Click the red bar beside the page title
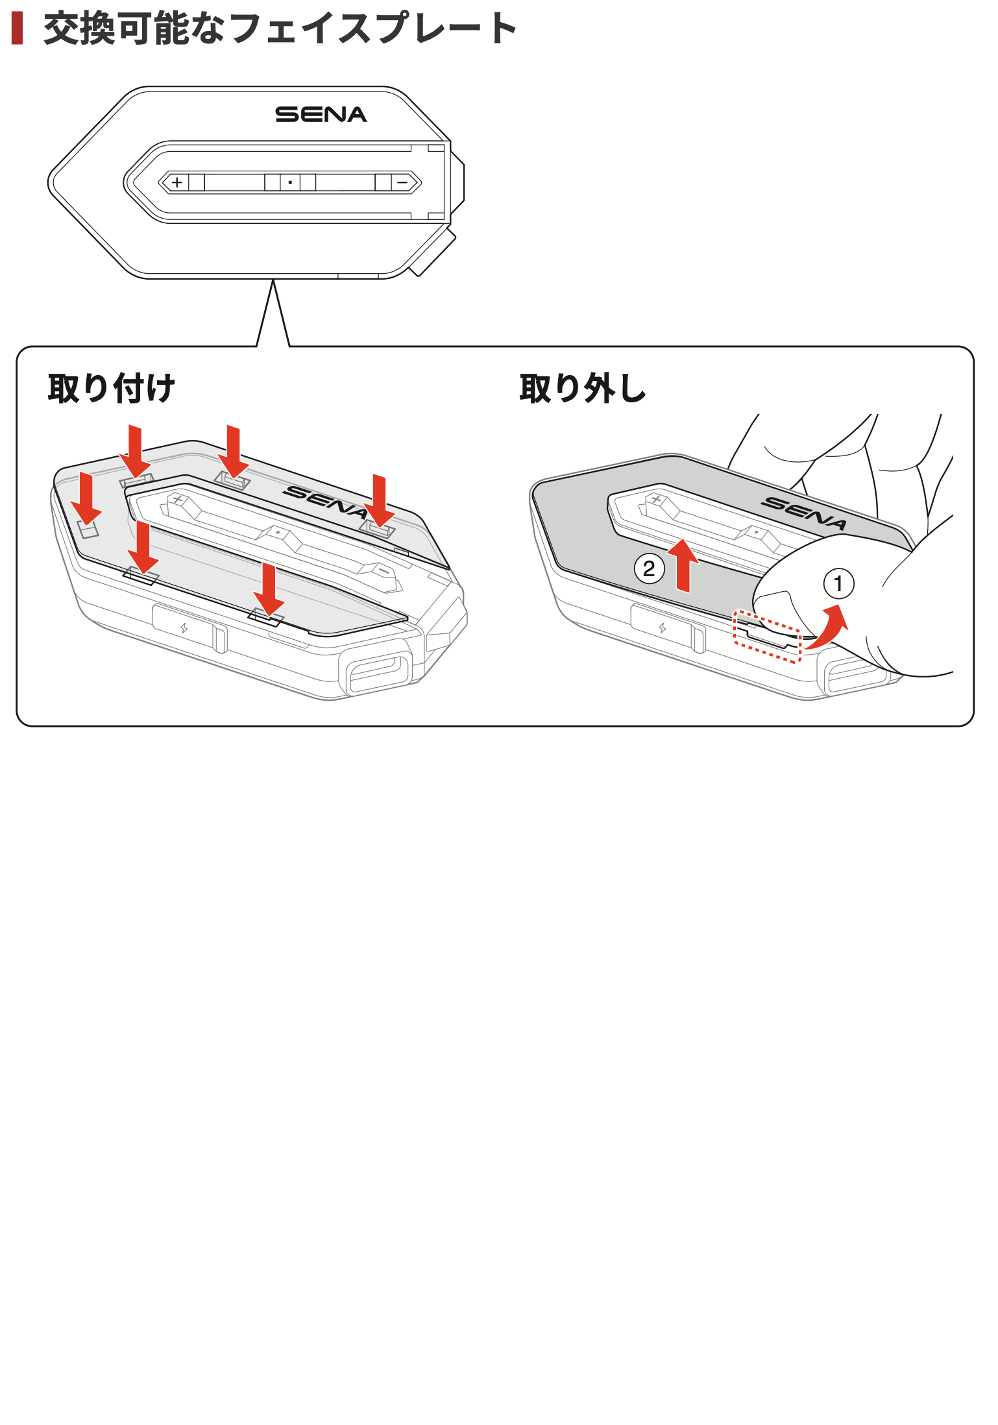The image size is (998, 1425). click(18, 29)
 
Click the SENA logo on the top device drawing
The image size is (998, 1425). click(321, 115)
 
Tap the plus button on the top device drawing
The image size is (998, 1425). click(176, 182)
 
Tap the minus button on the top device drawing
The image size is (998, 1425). click(402, 182)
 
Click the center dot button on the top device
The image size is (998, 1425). click(290, 182)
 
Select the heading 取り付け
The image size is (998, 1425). click(111, 389)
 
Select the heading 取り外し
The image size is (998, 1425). click(582, 389)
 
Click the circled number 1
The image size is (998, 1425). click(838, 583)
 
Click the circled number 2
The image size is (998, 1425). click(649, 569)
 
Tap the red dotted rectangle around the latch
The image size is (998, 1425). click(767, 636)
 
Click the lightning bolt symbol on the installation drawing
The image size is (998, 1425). click(184, 627)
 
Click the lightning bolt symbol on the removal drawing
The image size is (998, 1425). click(663, 627)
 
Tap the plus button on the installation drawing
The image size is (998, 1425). click(176, 499)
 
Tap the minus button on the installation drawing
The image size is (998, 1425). click(384, 572)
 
